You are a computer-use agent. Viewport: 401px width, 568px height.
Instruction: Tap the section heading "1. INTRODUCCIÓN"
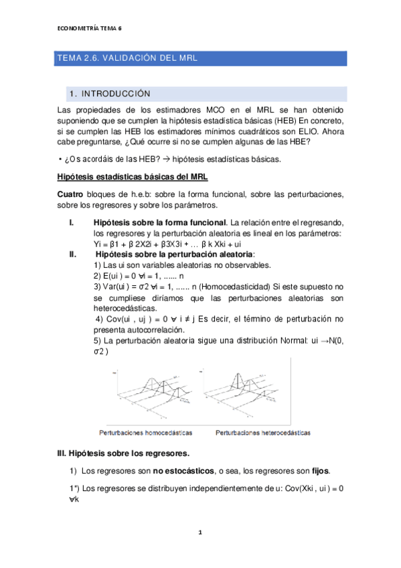(x=110, y=94)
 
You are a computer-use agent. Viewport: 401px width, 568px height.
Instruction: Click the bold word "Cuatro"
(x=70, y=194)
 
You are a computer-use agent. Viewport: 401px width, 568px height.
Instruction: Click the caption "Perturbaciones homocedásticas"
(x=145, y=433)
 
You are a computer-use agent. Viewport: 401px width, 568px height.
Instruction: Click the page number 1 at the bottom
(x=200, y=532)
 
